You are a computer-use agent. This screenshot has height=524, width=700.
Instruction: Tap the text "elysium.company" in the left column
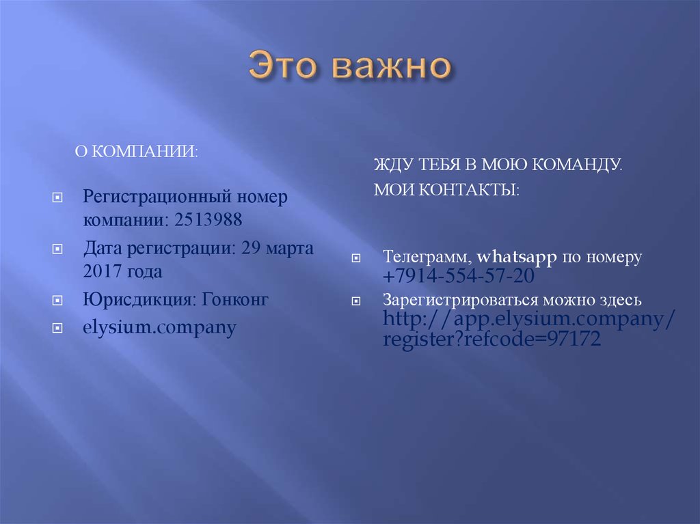(160, 327)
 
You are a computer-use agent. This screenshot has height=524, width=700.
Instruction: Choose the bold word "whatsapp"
(517, 258)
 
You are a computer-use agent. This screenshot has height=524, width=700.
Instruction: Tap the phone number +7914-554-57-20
(459, 277)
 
